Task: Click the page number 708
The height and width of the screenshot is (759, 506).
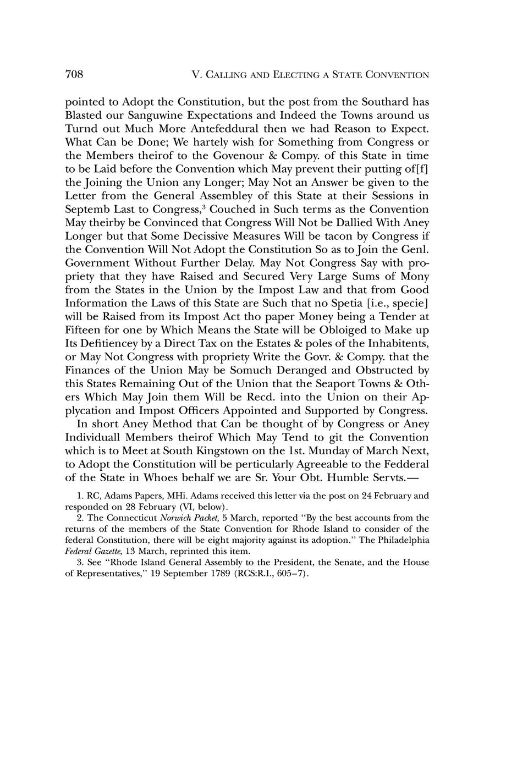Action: [x=74, y=74]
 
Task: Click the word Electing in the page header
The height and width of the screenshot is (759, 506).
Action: [x=294, y=75]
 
